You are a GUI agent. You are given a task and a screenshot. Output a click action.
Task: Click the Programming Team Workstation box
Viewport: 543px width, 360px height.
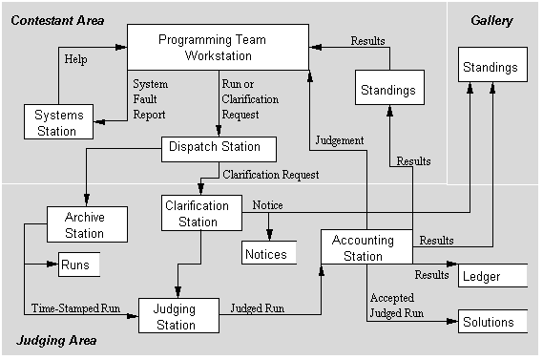tap(218, 49)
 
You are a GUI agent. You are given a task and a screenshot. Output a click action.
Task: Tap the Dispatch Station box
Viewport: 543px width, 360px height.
tap(218, 148)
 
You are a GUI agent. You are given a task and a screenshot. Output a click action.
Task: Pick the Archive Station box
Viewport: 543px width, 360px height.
tap(84, 225)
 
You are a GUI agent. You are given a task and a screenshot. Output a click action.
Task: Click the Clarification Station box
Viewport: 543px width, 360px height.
tap(198, 214)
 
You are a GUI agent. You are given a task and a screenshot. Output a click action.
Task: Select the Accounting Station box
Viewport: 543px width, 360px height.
tap(365, 247)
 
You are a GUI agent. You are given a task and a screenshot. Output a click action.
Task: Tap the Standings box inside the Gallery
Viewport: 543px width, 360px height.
tap(491, 68)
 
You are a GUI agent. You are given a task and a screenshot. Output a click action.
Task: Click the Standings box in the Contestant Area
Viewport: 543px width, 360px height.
tap(388, 91)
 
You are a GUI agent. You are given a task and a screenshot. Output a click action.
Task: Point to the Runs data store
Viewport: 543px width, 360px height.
tap(79, 264)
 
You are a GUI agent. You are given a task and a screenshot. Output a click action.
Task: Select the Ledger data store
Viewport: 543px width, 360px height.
tap(492, 276)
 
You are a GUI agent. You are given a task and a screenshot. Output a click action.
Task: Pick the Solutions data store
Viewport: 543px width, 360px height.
tap(492, 322)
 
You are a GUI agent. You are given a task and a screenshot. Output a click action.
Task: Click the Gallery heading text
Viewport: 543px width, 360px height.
tap(491, 20)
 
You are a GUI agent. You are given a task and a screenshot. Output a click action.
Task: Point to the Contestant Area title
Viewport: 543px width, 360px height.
tap(58, 20)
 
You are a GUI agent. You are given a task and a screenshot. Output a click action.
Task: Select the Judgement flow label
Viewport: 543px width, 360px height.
tap(340, 140)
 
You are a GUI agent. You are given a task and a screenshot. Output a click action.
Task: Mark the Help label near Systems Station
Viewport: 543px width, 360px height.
tap(76, 58)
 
